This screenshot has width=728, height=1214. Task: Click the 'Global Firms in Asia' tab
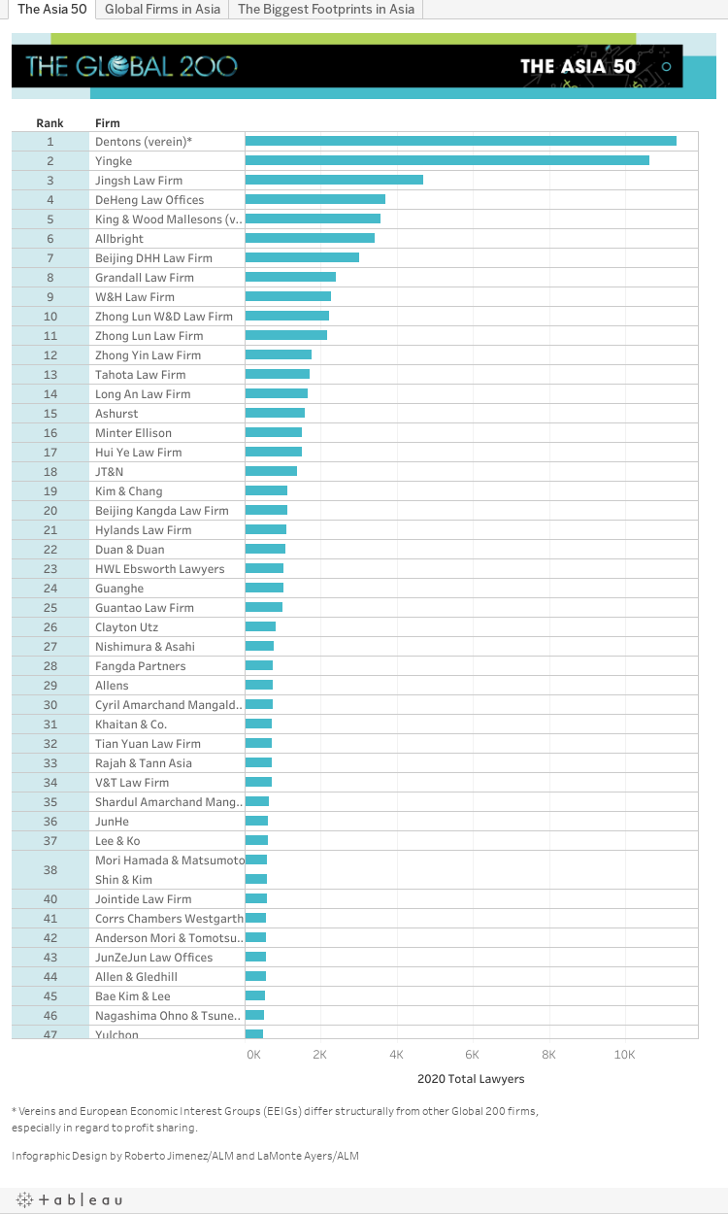point(161,10)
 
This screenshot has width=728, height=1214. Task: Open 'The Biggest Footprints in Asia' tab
point(326,10)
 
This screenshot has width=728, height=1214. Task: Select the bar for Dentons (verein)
point(460,142)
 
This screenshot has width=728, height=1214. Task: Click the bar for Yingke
point(447,161)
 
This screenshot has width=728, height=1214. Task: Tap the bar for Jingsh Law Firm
point(334,181)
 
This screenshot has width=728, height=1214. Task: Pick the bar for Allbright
point(310,239)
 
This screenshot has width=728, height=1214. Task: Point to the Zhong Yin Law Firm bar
point(279,355)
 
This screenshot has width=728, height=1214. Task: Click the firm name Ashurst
point(116,414)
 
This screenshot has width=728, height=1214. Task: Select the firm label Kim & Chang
point(129,491)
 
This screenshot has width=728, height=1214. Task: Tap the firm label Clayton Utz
point(126,627)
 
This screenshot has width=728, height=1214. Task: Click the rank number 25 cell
point(50,608)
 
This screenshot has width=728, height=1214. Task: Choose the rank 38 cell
point(50,870)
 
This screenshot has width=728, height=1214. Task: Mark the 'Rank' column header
point(50,123)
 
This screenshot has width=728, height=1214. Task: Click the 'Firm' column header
point(108,123)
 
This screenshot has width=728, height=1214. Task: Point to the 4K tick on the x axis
point(396,1055)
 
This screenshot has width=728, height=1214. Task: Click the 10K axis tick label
point(624,1055)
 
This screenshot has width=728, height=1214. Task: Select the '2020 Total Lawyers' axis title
point(471,1079)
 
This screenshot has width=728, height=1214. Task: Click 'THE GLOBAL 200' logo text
point(131,66)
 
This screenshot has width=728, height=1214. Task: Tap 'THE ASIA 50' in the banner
point(578,66)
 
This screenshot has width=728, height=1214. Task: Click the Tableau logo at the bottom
point(69,1200)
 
